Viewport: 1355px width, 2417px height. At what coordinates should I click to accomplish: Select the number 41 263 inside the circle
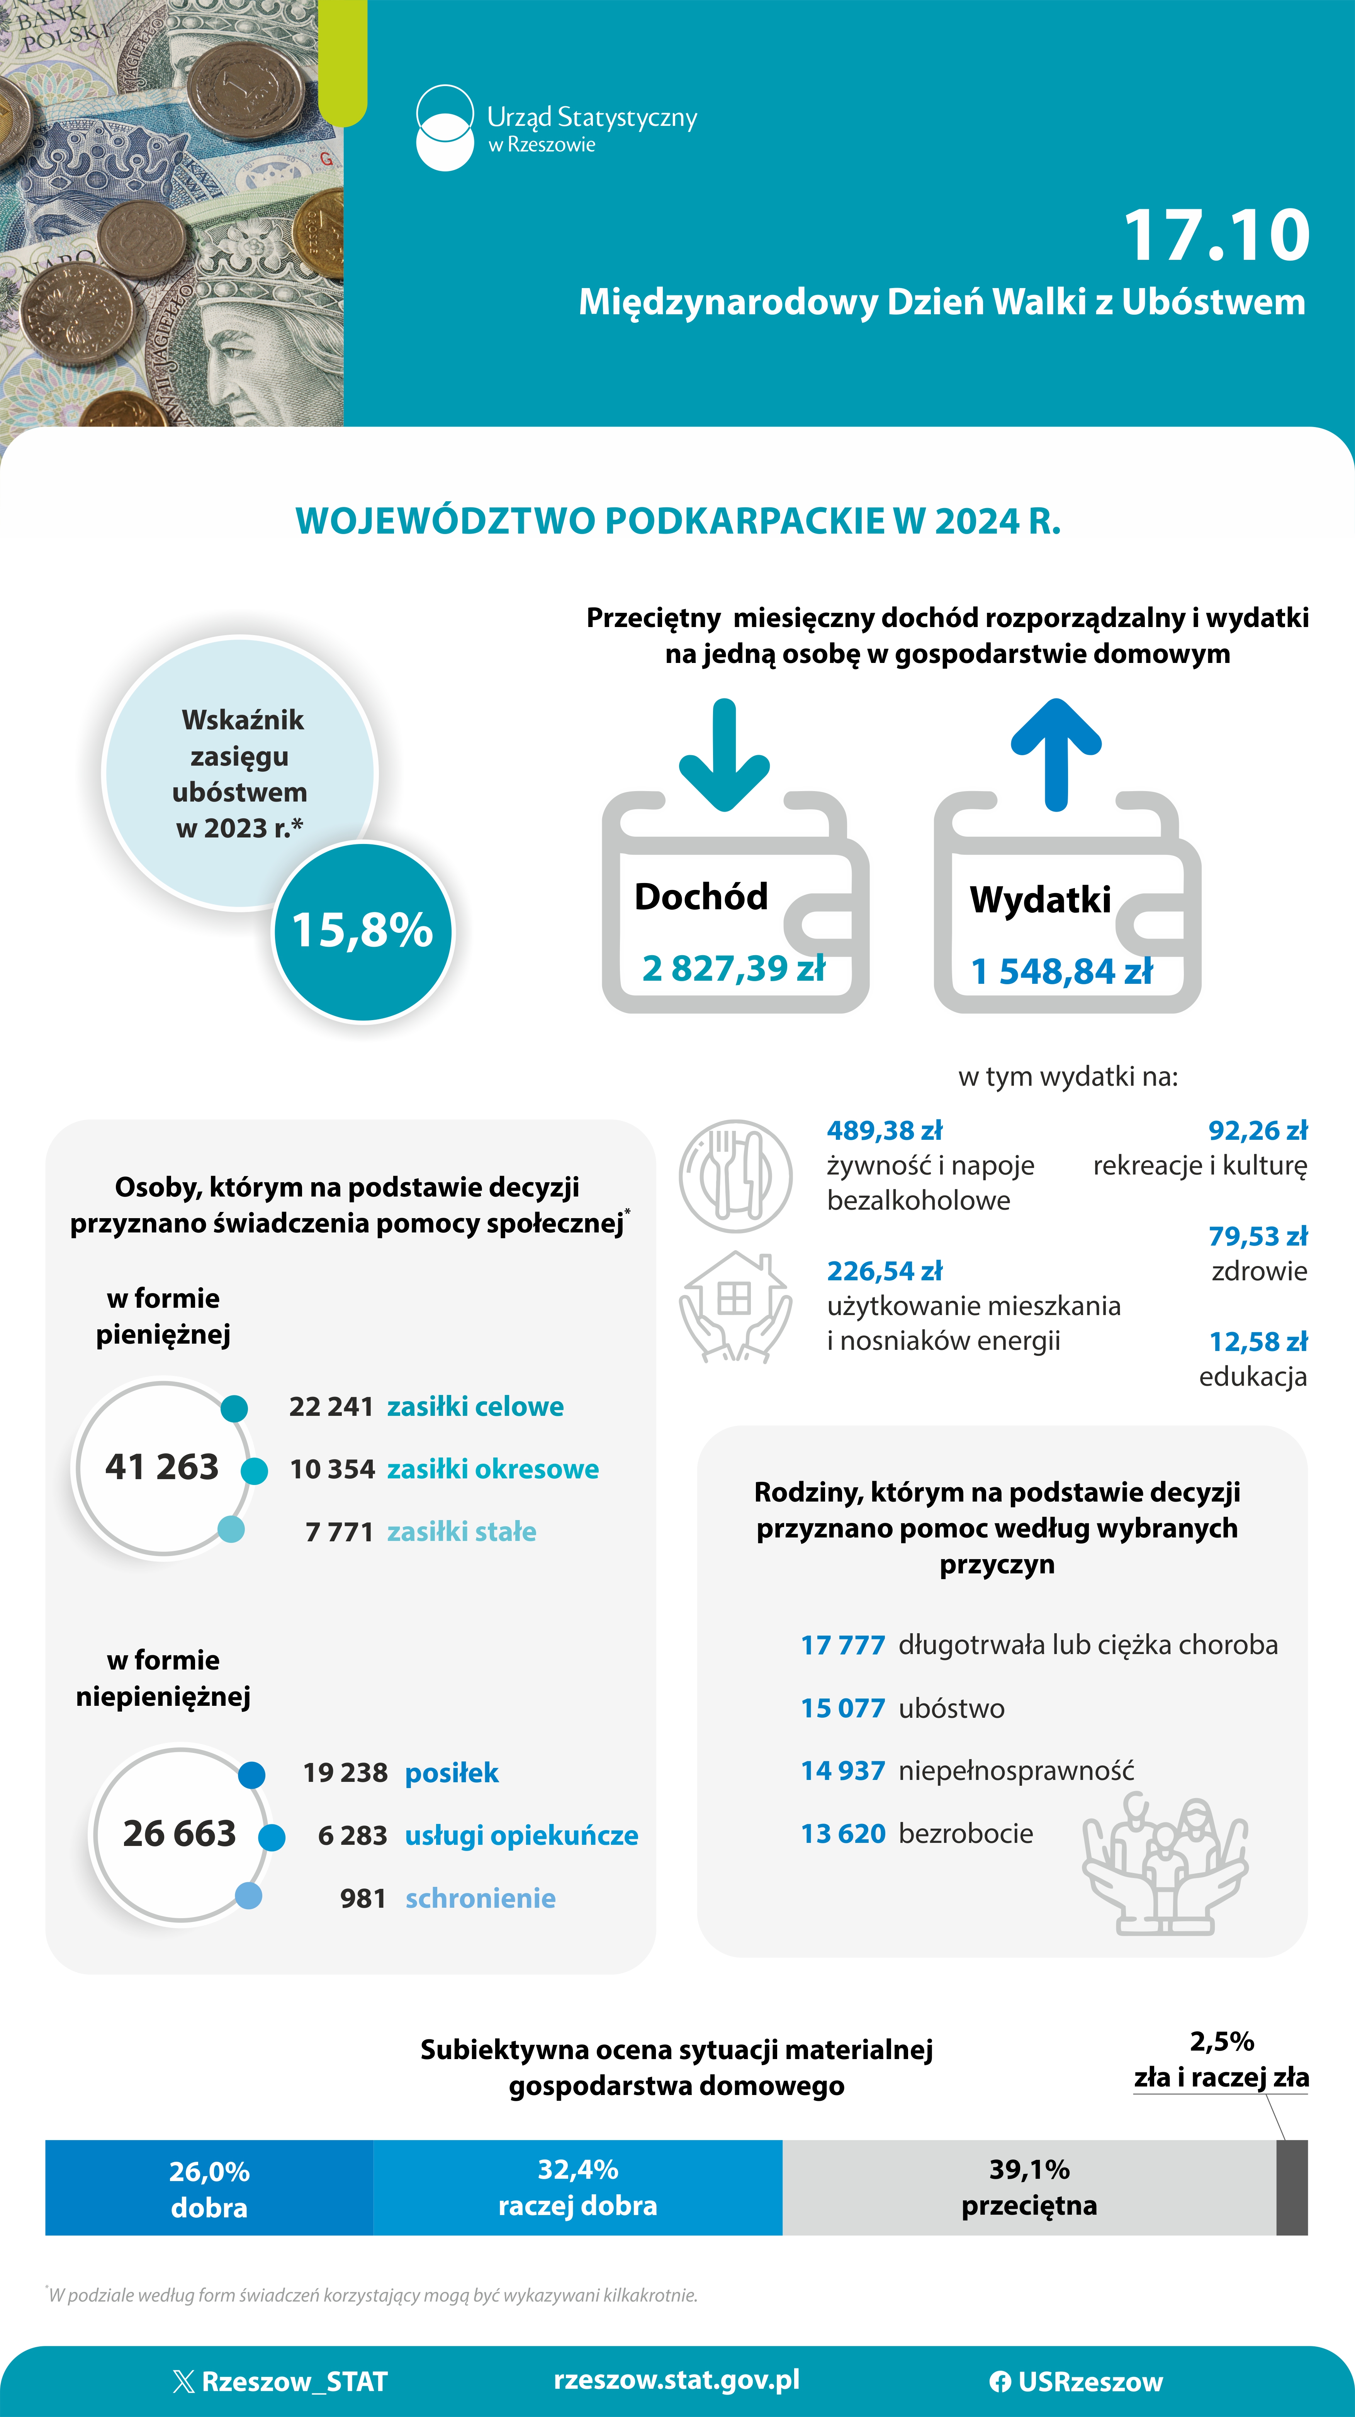(x=161, y=1466)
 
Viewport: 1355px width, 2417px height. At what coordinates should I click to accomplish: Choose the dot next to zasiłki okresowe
(x=254, y=1470)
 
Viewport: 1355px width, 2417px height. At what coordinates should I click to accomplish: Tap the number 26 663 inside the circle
(x=179, y=1832)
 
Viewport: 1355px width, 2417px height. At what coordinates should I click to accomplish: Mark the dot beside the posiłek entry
(x=251, y=1774)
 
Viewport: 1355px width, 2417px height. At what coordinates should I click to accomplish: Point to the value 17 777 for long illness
(x=843, y=1645)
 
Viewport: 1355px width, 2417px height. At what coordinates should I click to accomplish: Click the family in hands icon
(x=1165, y=1863)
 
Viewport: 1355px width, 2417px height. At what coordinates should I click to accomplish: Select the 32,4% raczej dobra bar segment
(x=578, y=2187)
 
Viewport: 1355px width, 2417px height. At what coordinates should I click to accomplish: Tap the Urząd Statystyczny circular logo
(x=445, y=129)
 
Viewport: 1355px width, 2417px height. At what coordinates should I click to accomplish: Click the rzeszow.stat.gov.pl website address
(x=677, y=2380)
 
